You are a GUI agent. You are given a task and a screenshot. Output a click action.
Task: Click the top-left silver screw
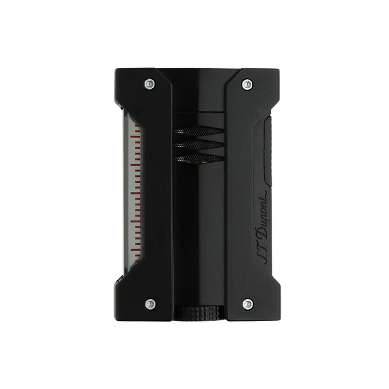(x=150, y=84)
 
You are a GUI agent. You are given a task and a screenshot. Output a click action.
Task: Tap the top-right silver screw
(x=247, y=84)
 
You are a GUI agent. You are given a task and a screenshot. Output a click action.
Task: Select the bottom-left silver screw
(x=150, y=304)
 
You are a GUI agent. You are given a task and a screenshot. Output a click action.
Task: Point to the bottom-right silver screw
(x=248, y=304)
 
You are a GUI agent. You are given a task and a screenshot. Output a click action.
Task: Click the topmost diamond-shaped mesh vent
(x=198, y=130)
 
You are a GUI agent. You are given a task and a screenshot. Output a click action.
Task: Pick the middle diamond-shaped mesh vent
(x=198, y=145)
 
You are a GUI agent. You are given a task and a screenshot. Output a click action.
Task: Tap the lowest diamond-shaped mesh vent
(x=198, y=159)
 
